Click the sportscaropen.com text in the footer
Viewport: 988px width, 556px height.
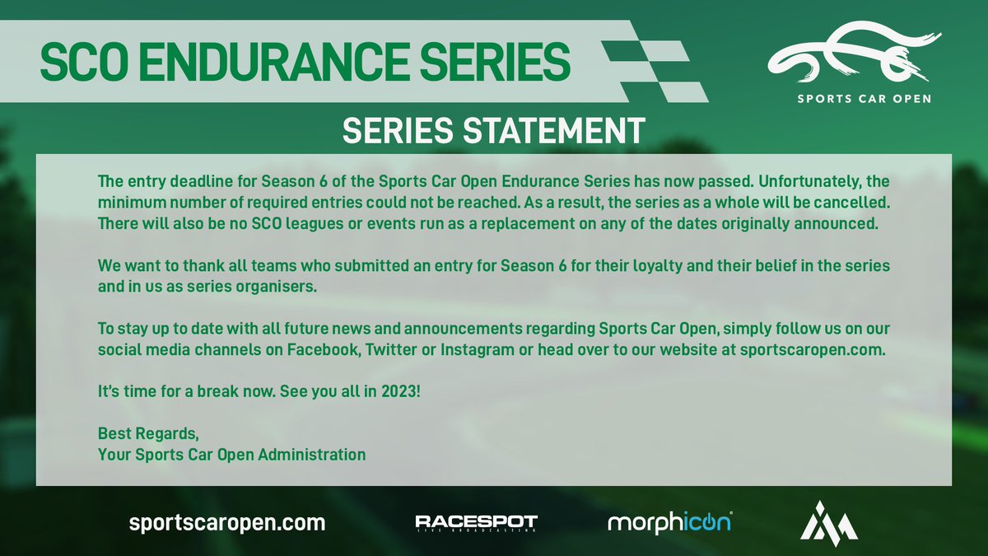tap(227, 523)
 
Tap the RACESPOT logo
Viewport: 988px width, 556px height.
tap(476, 523)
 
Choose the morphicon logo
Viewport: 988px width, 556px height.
tap(669, 522)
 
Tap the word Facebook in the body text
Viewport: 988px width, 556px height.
tap(324, 349)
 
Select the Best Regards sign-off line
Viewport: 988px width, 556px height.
tap(148, 433)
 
